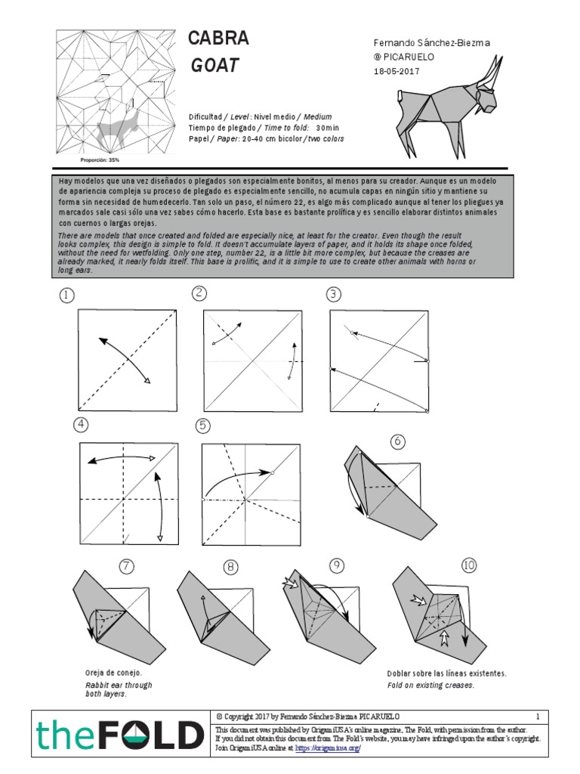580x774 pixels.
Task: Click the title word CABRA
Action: pos(218,39)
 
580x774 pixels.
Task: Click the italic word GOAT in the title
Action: pos(214,67)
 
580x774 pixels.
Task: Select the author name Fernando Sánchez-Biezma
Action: pos(432,43)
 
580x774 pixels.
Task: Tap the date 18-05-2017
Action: pos(396,71)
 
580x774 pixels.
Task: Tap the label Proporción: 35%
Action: pos(100,160)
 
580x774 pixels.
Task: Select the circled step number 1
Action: pos(68,296)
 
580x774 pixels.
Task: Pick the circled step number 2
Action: pos(199,293)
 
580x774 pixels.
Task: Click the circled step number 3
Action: pos(333,294)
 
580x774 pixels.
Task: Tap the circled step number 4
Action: pos(81,425)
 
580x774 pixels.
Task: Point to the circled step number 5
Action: pos(202,426)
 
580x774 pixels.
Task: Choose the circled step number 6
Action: pos(397,441)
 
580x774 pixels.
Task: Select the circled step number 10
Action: pos(469,565)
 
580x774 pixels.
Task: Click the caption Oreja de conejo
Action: pos(113,673)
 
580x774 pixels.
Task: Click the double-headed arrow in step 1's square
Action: pos(124,360)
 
